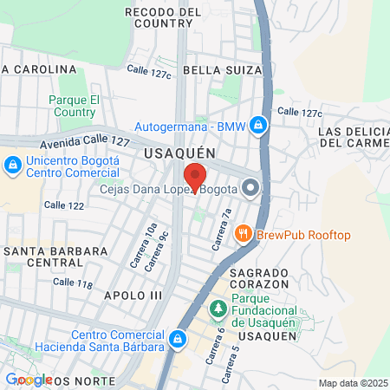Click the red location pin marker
(195, 176)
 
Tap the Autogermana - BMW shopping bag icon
(257, 126)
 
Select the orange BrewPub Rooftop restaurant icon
(244, 234)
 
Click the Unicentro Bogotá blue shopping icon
(12, 165)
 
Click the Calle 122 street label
(64, 205)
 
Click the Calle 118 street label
(72, 283)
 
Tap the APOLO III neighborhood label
(133, 296)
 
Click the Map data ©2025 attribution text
(351, 383)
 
